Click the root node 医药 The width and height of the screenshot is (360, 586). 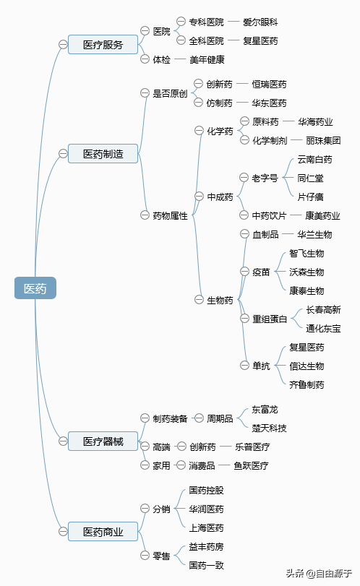(x=35, y=288)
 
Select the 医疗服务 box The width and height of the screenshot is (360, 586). (x=103, y=45)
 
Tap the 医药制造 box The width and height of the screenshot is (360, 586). (x=103, y=154)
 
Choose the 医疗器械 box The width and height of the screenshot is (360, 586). (x=103, y=441)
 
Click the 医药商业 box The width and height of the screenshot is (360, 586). (x=103, y=531)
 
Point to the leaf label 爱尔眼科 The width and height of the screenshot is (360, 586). (x=260, y=22)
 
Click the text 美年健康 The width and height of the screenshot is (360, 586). (x=207, y=59)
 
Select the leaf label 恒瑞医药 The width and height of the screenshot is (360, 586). (x=269, y=84)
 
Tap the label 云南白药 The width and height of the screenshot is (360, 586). (x=314, y=160)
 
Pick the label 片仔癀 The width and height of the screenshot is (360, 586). (x=310, y=197)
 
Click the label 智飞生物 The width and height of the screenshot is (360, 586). (x=307, y=254)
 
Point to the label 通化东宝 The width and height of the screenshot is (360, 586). (x=323, y=329)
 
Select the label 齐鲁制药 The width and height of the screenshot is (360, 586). (x=307, y=384)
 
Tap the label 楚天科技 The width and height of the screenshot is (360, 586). (x=269, y=428)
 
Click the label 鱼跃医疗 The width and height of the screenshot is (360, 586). (x=251, y=465)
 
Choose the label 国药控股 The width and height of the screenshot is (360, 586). (x=206, y=490)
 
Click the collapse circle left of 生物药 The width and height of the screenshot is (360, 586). (x=199, y=300)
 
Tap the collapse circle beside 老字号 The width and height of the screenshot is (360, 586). (x=244, y=178)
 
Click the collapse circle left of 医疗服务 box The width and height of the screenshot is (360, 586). (x=63, y=45)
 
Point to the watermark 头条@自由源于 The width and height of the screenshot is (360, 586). (x=319, y=573)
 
